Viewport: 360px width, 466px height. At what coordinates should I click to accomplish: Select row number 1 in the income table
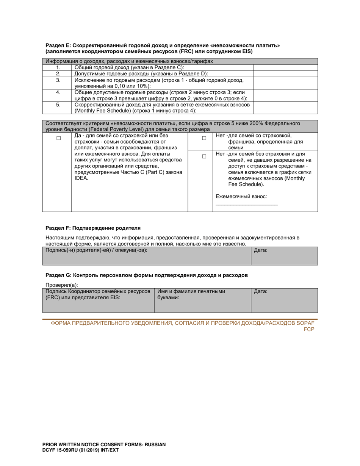58,67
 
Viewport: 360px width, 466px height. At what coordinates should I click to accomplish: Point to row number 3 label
58,80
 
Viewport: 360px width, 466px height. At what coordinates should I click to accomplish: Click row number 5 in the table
58,104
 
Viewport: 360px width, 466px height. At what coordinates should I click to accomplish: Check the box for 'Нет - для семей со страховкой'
204,139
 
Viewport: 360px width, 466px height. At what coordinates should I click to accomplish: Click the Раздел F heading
93,228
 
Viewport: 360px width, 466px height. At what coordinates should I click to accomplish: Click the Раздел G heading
147,275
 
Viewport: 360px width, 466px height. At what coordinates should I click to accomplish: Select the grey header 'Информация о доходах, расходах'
129,61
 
